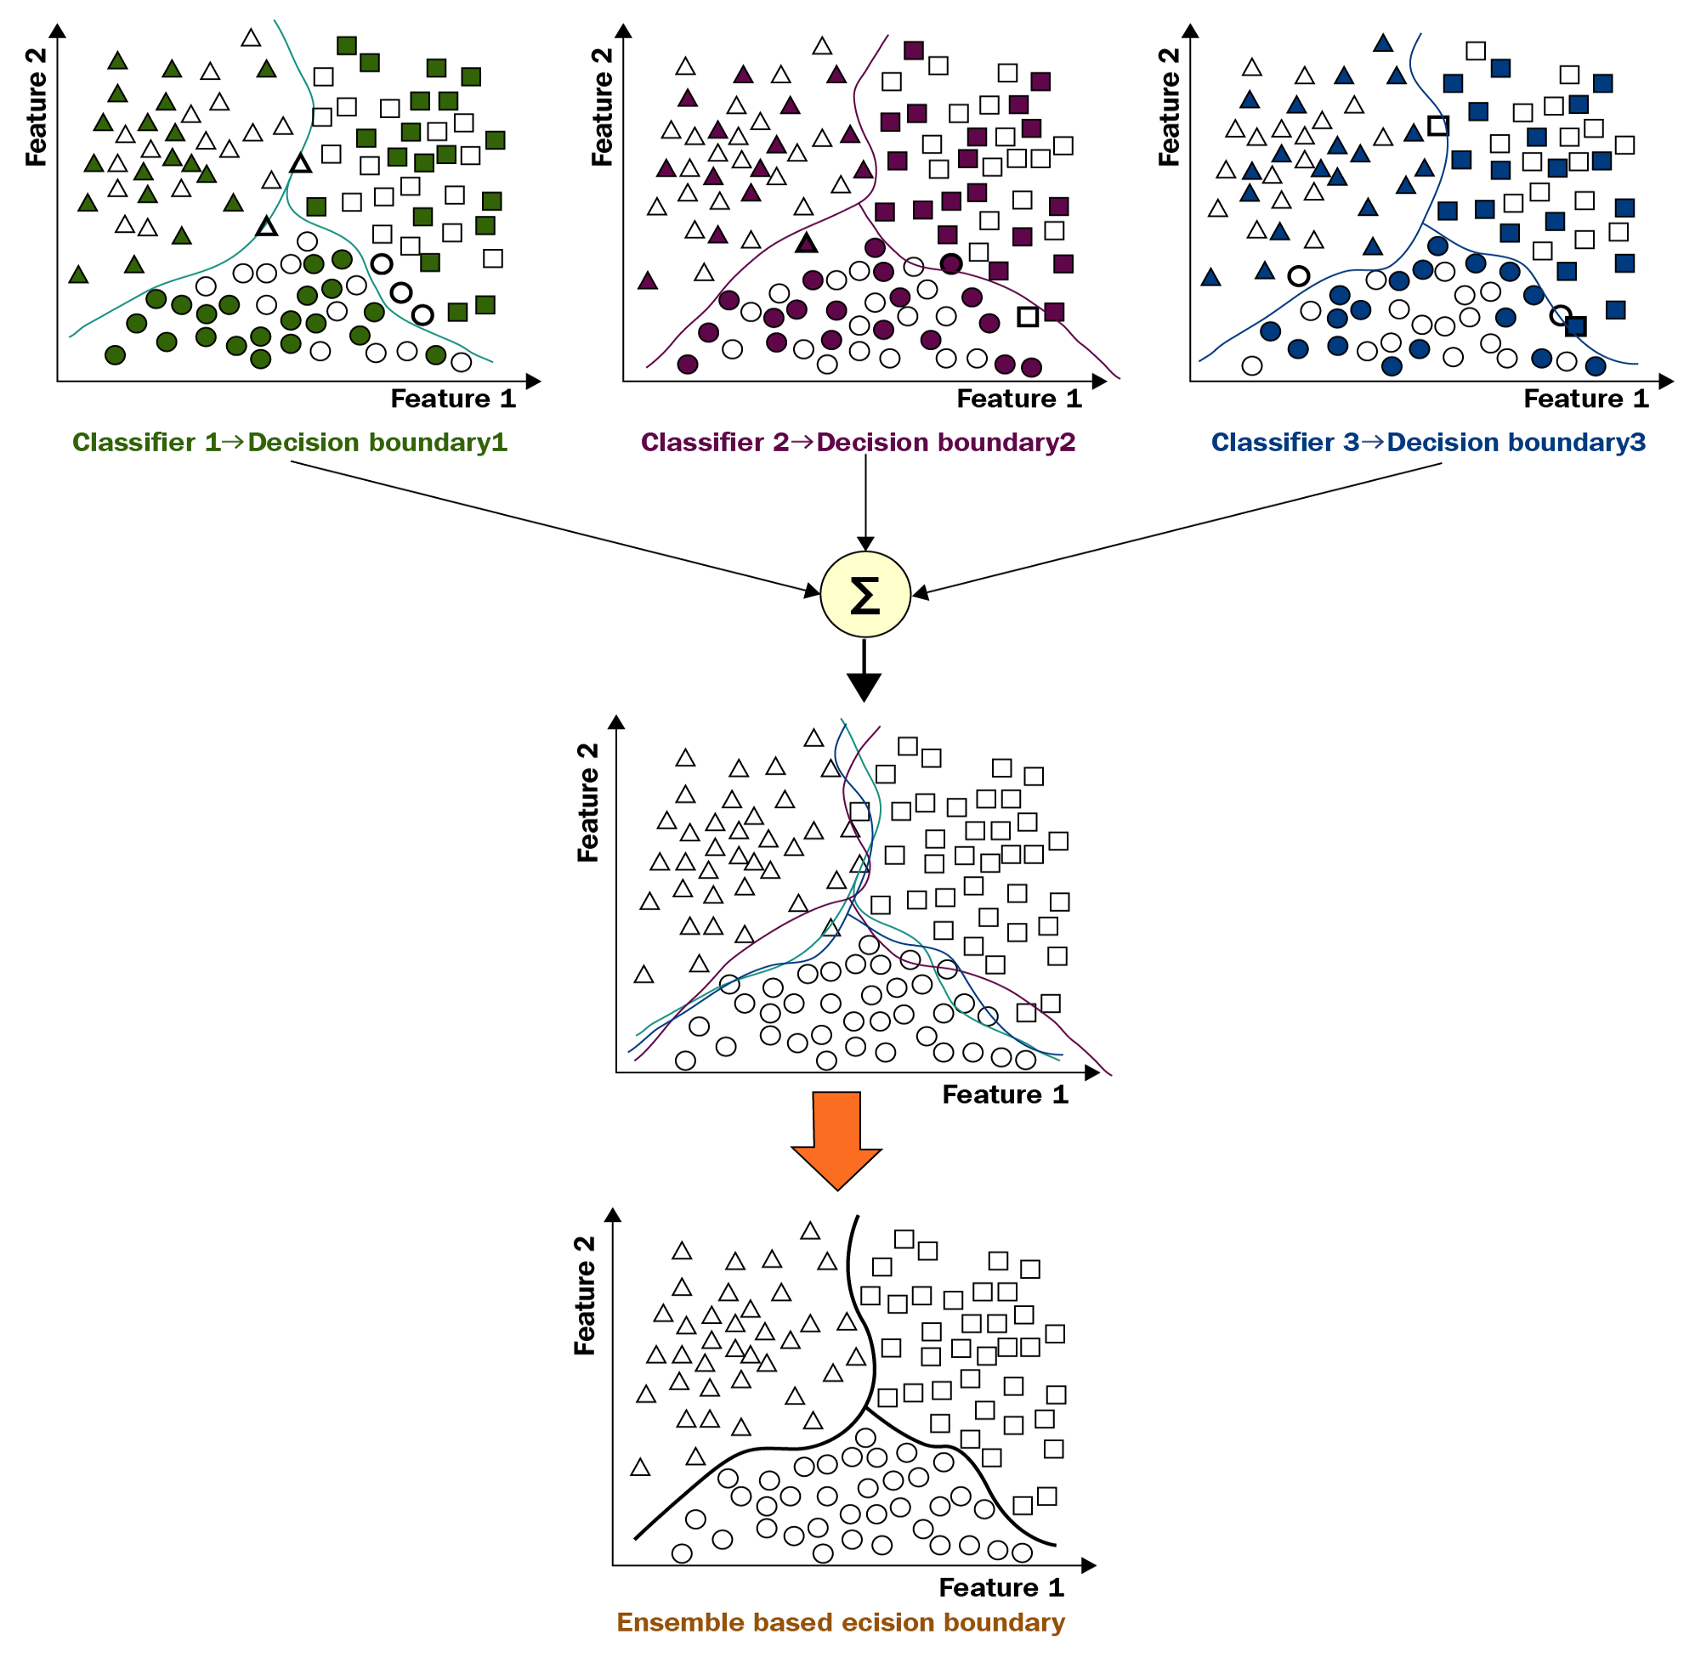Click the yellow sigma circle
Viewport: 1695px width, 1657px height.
(x=865, y=595)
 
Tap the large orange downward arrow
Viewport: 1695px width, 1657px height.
(x=836, y=1138)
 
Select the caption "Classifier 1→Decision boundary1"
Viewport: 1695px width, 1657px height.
(x=289, y=442)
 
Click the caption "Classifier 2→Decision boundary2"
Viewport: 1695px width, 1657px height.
(x=858, y=442)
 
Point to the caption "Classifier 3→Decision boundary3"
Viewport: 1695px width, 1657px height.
(x=1428, y=442)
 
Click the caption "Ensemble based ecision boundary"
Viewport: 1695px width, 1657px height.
(x=840, y=1622)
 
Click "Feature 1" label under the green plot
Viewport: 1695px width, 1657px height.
(x=453, y=399)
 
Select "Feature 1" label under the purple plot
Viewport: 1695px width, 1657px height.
(x=1018, y=399)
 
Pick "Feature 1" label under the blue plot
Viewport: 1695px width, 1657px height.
(x=1585, y=399)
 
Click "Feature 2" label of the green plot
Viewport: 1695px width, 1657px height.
(x=36, y=106)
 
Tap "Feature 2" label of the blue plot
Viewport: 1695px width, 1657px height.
(x=1168, y=106)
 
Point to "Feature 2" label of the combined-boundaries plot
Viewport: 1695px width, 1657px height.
(x=588, y=801)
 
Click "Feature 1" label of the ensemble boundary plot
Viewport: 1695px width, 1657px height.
(x=1001, y=1587)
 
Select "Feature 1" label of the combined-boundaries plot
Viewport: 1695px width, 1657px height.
(x=1005, y=1094)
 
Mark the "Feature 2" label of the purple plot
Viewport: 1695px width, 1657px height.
(x=602, y=106)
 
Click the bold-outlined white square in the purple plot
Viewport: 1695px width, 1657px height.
(x=1027, y=317)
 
